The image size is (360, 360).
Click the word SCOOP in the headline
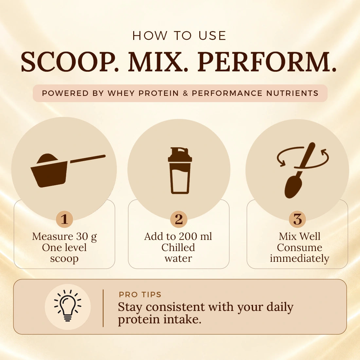[x=68, y=62]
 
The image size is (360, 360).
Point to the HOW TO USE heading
[x=180, y=36]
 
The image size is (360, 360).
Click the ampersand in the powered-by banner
[x=186, y=93]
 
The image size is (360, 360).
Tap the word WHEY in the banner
[x=121, y=93]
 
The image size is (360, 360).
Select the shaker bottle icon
[x=180, y=171]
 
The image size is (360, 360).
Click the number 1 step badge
[x=64, y=219]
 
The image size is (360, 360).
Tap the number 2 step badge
[x=179, y=219]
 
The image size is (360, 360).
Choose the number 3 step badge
[x=297, y=219]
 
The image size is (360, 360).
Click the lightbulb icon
[x=67, y=306]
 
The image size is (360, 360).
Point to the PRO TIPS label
[x=140, y=294]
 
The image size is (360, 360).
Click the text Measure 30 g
[x=64, y=237]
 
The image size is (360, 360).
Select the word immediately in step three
[x=299, y=259]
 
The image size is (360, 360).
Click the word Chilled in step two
[x=178, y=247]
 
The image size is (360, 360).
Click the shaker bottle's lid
[x=180, y=155]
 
